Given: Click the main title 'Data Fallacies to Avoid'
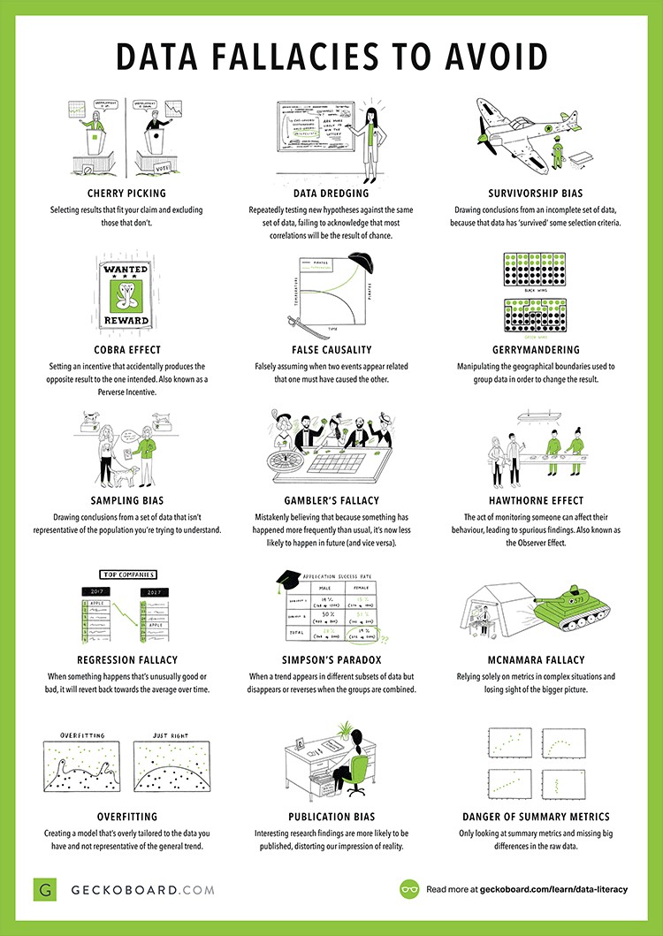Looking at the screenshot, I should tap(331, 56).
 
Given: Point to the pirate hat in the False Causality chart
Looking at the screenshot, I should tap(358, 264).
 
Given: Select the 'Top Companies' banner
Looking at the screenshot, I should tap(118, 573).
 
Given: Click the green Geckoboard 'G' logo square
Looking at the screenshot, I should tap(44, 888).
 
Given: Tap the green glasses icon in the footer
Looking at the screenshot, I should tap(409, 888).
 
